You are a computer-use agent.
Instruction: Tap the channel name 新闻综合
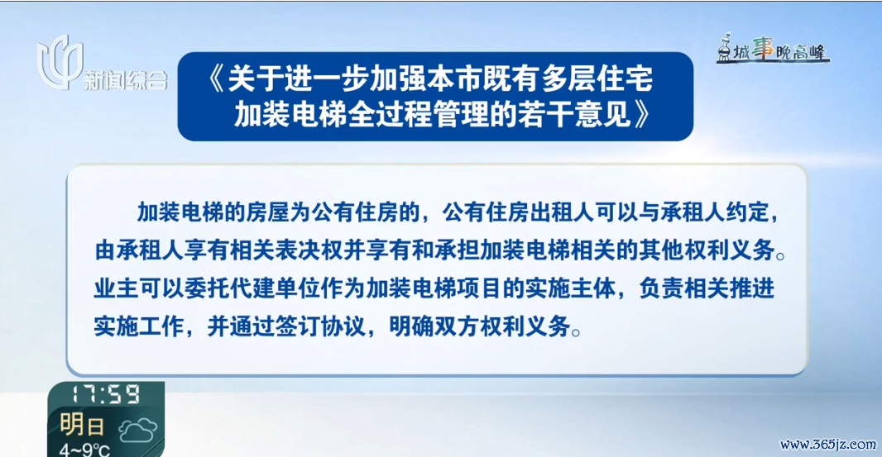[x=126, y=80]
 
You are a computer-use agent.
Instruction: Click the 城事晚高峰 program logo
[x=773, y=48]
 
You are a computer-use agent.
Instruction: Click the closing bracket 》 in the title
[x=642, y=114]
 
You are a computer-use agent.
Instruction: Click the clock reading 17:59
[x=105, y=394]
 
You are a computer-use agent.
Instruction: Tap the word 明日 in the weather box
[x=82, y=425]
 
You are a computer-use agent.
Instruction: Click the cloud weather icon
[x=137, y=431]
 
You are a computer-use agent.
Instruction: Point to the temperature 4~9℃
[x=85, y=450]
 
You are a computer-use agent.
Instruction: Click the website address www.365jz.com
[x=827, y=444]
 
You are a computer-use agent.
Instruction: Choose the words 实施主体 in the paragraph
[x=570, y=288]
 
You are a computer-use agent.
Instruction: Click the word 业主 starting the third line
[x=117, y=288]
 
